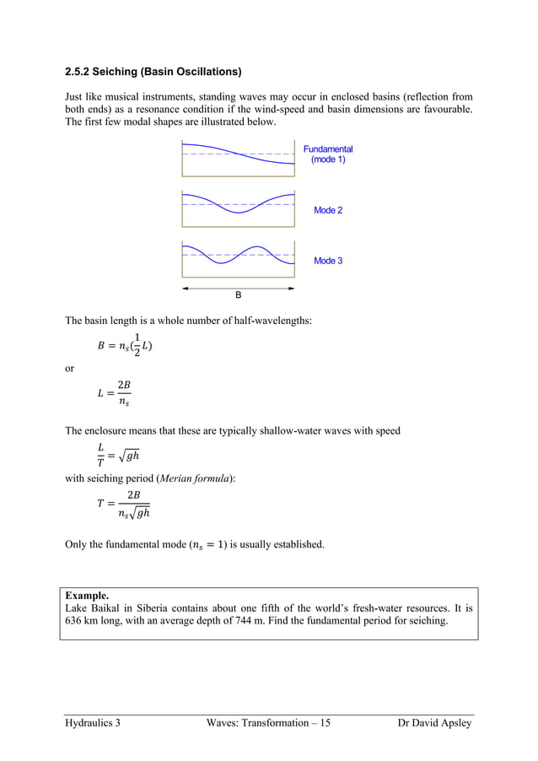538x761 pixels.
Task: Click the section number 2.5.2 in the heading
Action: [81, 71]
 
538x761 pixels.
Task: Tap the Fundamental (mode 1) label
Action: [328, 154]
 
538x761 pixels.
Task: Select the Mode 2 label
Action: [328, 210]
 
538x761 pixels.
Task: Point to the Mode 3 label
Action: [328, 261]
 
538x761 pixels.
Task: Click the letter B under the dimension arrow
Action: [238, 296]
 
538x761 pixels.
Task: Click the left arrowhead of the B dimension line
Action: [185, 288]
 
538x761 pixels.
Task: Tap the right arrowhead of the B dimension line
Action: [291, 288]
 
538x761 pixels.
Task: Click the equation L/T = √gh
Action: [117, 455]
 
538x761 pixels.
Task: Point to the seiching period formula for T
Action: [123, 504]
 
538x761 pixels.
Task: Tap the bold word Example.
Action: [87, 595]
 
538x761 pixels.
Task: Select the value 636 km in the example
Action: [83, 622]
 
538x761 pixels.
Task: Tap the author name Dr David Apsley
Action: [434, 724]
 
